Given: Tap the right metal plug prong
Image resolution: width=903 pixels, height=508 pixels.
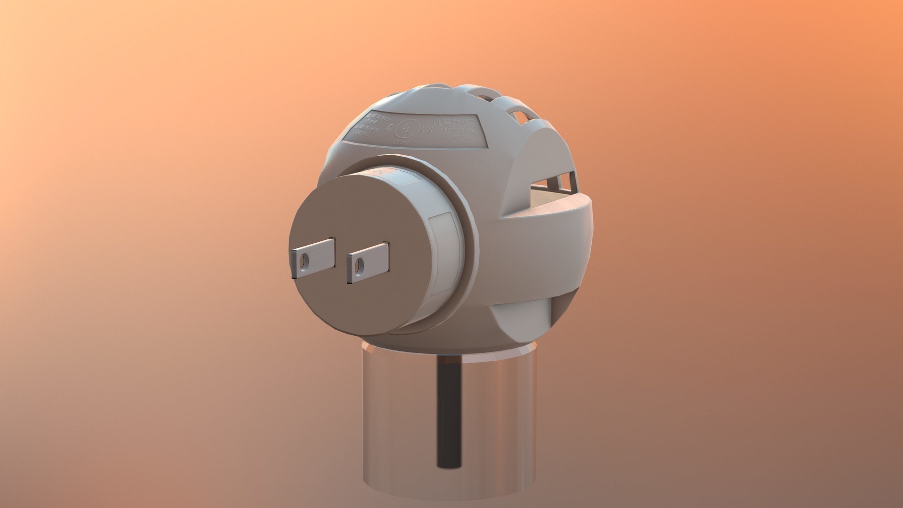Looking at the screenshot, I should pyautogui.click(x=369, y=263).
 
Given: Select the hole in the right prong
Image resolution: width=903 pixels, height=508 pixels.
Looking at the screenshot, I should pyautogui.click(x=359, y=266).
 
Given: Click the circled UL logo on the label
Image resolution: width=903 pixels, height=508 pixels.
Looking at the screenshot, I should pyautogui.click(x=405, y=128).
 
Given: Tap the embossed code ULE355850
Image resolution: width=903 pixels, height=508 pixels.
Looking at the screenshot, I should pyautogui.click(x=454, y=122).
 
